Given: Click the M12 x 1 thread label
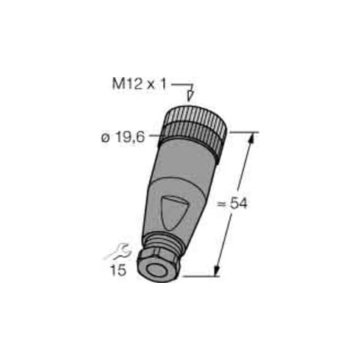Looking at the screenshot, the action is tap(139, 84).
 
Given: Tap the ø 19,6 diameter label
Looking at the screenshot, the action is tap(123, 137).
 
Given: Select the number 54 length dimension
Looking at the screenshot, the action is tap(239, 204).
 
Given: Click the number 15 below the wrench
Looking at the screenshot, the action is tap(118, 270).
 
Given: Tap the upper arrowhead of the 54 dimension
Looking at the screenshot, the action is tap(251, 138).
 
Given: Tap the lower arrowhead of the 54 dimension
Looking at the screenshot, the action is tap(217, 270).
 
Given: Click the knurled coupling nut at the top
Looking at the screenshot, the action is tap(195, 129).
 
